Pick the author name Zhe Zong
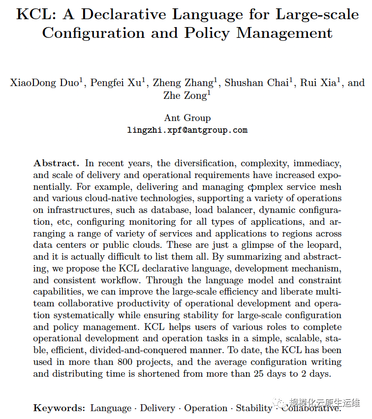click(x=185, y=95)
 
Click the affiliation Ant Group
click(x=187, y=118)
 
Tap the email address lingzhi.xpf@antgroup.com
click(x=187, y=130)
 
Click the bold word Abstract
click(x=56, y=163)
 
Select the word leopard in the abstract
click(x=324, y=244)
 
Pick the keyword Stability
click(x=253, y=408)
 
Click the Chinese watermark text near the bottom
click(x=325, y=402)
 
